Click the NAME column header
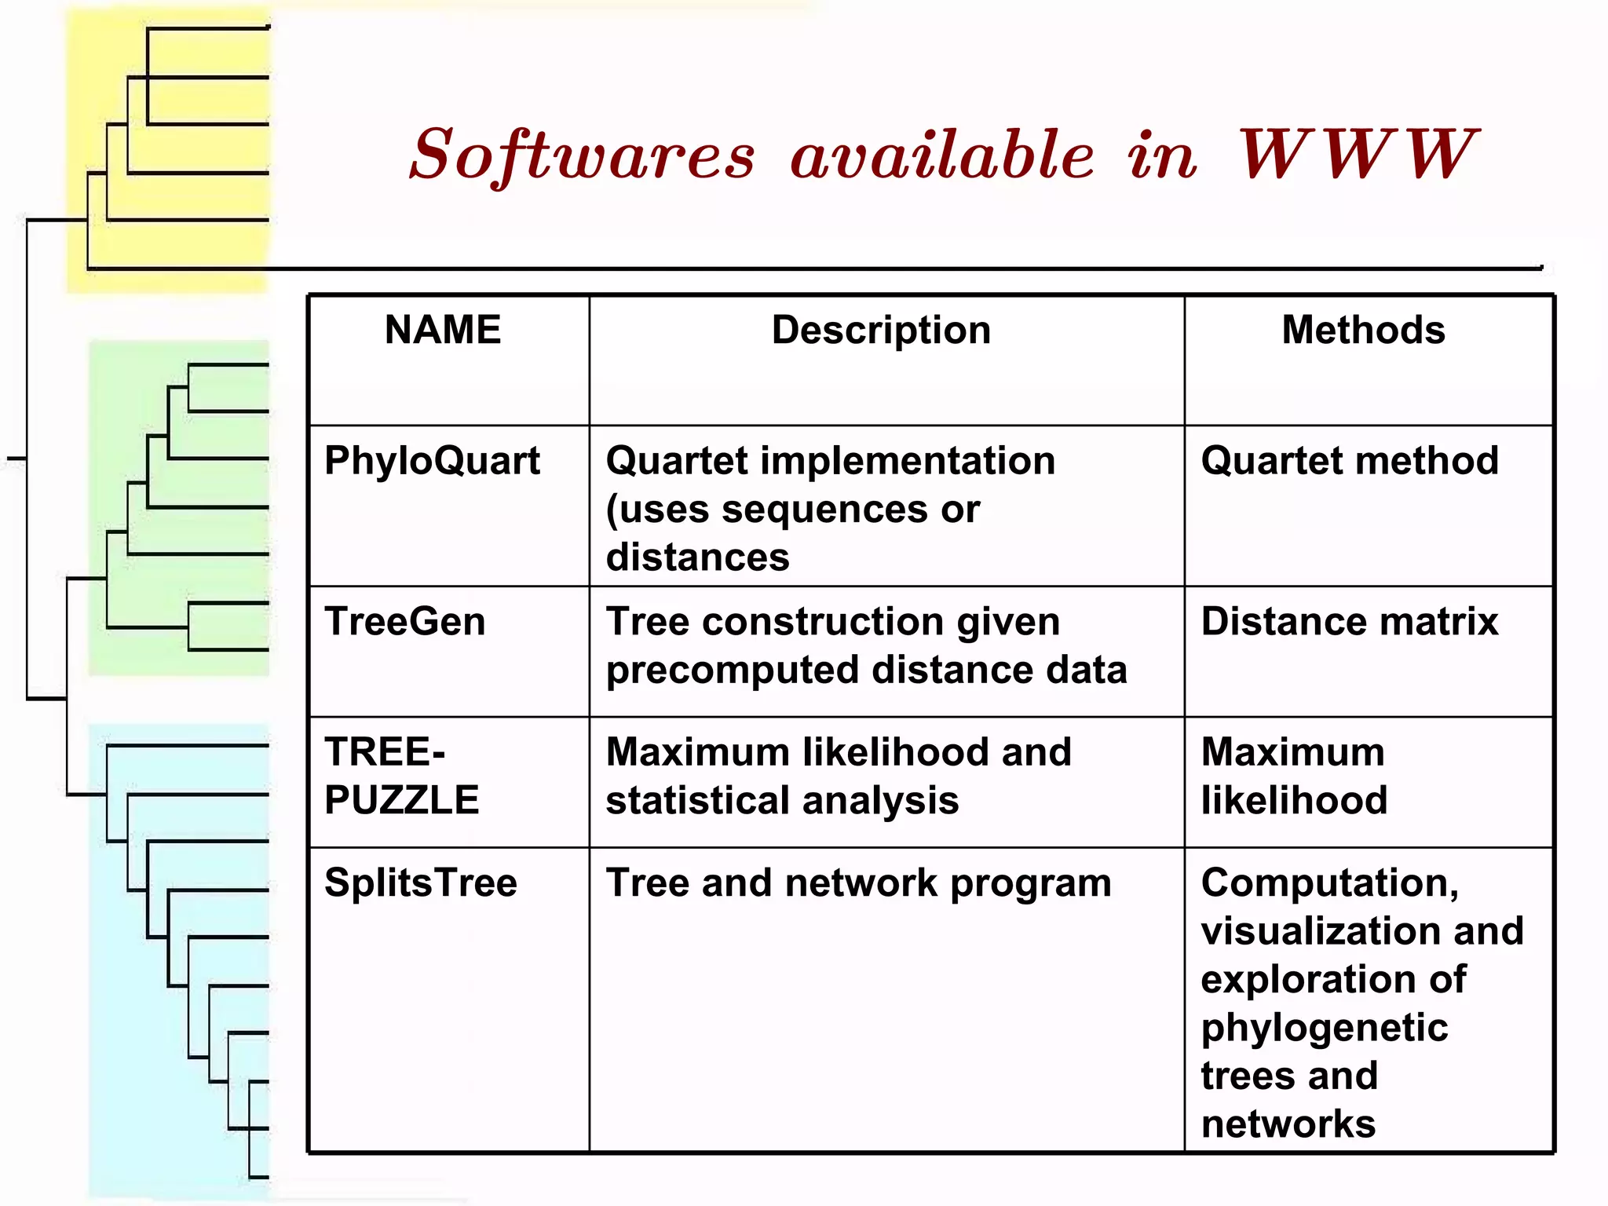pyautogui.click(x=443, y=330)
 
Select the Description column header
pyautogui.click(x=881, y=330)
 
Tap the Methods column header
pyautogui.click(x=1363, y=330)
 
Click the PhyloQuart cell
pyautogui.click(x=432, y=461)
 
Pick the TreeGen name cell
pyautogui.click(x=405, y=622)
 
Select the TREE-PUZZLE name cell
pyautogui.click(x=402, y=776)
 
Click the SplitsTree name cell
pyautogui.click(x=421, y=883)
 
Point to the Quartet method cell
pyautogui.click(x=1350, y=461)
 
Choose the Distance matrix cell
pyautogui.click(x=1350, y=622)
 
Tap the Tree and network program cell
pyautogui.click(x=858, y=883)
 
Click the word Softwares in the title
pyautogui.click(x=582, y=155)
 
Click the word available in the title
pyautogui.click(x=941, y=155)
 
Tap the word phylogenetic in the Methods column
pyautogui.click(x=1325, y=1028)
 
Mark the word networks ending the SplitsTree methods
pyautogui.click(x=1288, y=1124)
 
